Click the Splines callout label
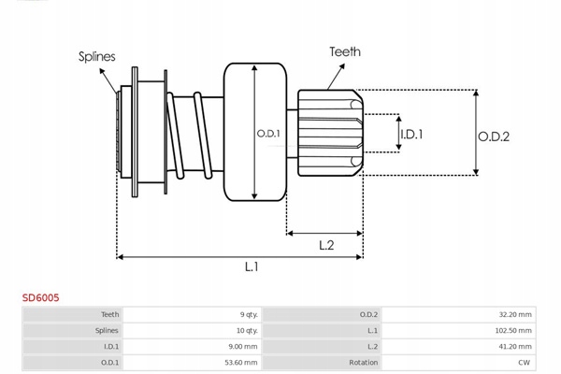[97, 56]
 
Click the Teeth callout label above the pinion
[344, 52]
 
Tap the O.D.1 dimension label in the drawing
[268, 134]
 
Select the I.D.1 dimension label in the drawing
[411, 135]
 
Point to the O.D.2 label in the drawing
[494, 137]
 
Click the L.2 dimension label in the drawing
[326, 245]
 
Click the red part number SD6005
[40, 297]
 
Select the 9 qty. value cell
[248, 315]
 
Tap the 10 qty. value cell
[247, 330]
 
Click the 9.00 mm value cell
[244, 346]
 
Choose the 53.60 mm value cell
[242, 362]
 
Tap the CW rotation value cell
[525, 362]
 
